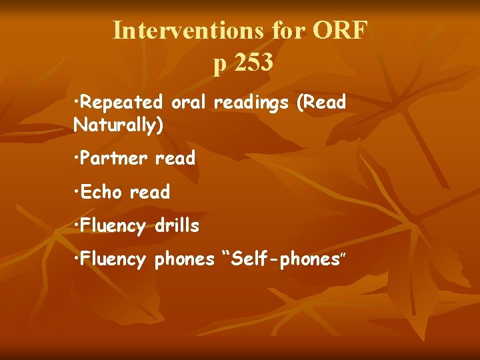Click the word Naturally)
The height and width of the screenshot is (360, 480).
(119, 125)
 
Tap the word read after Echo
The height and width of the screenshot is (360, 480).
(150, 193)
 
